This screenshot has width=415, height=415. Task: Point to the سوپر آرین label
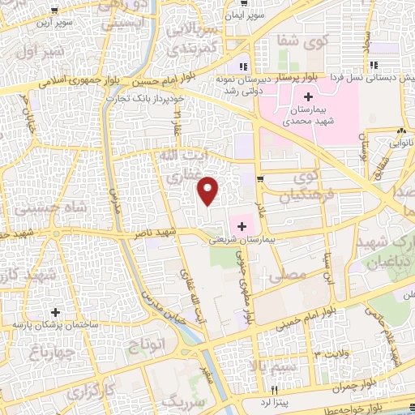click(53, 23)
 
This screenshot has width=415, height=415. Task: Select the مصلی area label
click(292, 276)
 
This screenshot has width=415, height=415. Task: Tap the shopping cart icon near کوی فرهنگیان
click(259, 179)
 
